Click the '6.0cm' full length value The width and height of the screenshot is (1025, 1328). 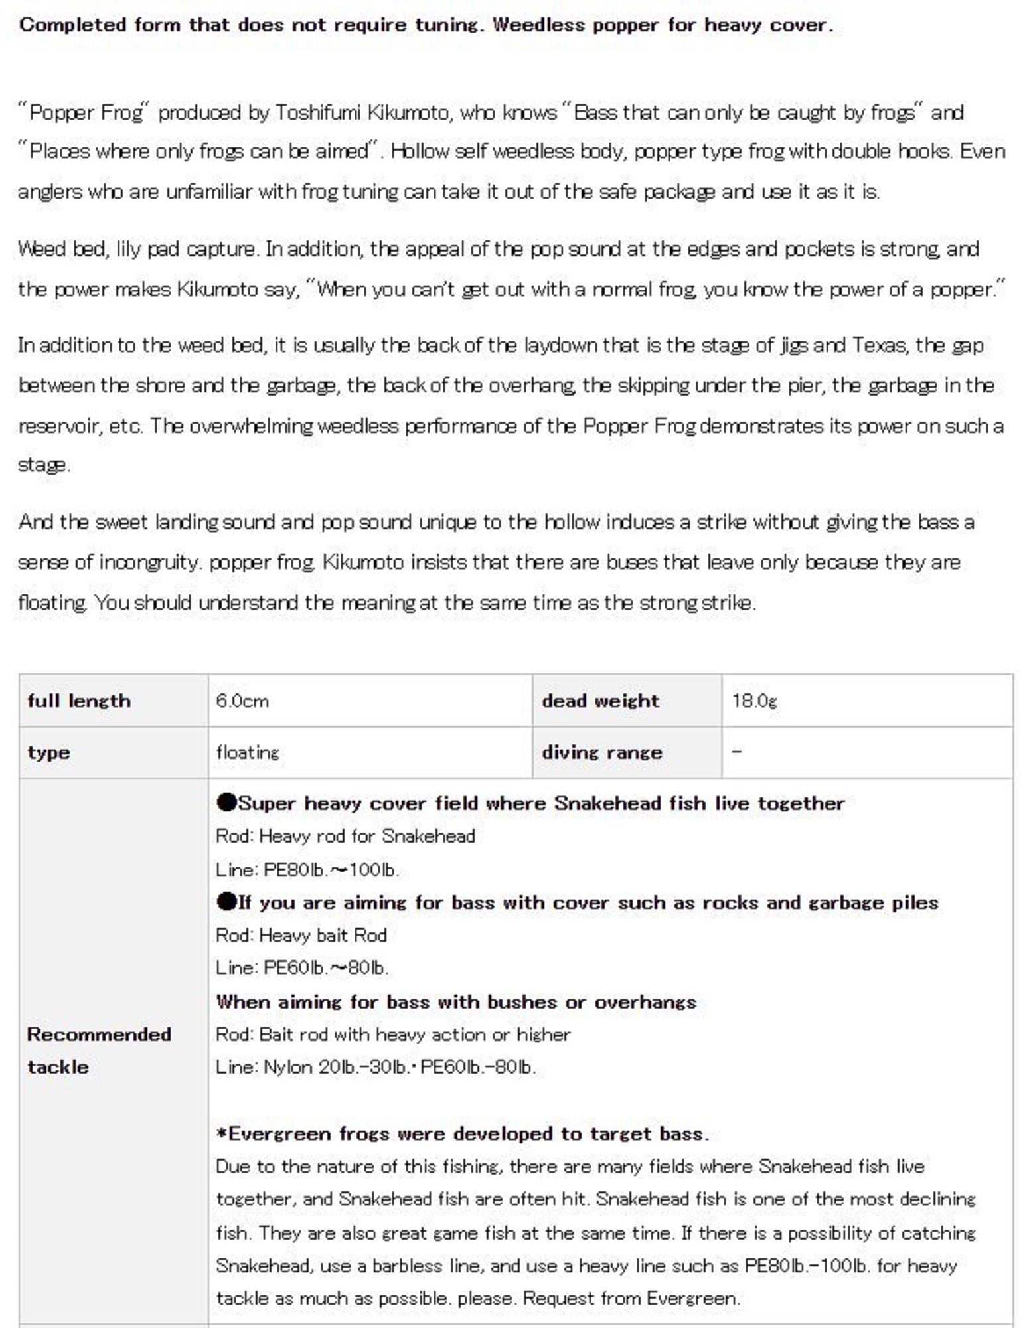(242, 701)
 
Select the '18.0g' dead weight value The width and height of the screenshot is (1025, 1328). (754, 701)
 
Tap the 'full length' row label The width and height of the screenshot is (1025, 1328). (79, 701)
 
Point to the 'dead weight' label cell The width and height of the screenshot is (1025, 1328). (600, 701)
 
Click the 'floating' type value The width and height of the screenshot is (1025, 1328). (248, 752)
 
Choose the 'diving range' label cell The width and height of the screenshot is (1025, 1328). (601, 752)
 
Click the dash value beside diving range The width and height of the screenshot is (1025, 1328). (737, 752)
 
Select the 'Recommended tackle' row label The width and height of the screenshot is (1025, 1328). (99, 1050)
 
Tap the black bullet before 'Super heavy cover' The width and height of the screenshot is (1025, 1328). (226, 803)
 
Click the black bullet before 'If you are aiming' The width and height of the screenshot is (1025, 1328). (226, 902)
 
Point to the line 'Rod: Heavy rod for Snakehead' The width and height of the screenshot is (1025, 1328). (345, 836)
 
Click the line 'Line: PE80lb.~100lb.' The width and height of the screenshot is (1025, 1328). (307, 870)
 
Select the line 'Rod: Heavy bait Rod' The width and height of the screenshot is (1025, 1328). (301, 936)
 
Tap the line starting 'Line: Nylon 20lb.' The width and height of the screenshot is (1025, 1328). (376, 1067)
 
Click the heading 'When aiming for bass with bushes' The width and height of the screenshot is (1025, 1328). (456, 1002)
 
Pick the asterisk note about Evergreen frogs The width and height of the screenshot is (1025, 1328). (463, 1133)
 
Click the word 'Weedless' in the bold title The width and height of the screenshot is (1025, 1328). (537, 26)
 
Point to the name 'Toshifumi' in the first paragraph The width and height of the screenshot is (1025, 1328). (317, 113)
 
